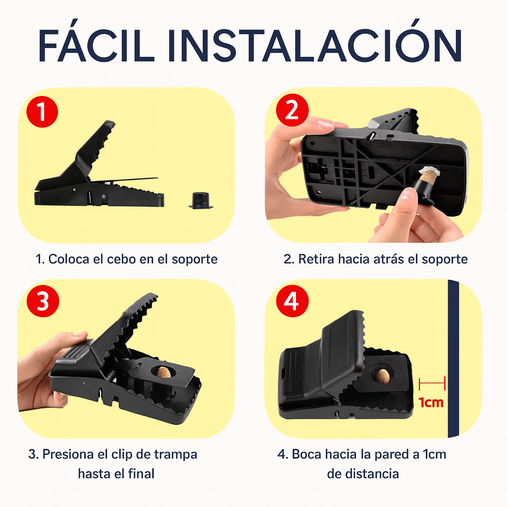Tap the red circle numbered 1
(x=43, y=112)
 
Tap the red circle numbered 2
(x=292, y=112)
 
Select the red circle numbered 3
(x=43, y=302)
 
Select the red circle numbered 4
(x=292, y=302)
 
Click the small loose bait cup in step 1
(x=200, y=200)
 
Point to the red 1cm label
(x=431, y=402)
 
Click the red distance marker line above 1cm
(x=432, y=382)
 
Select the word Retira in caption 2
(x=316, y=259)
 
